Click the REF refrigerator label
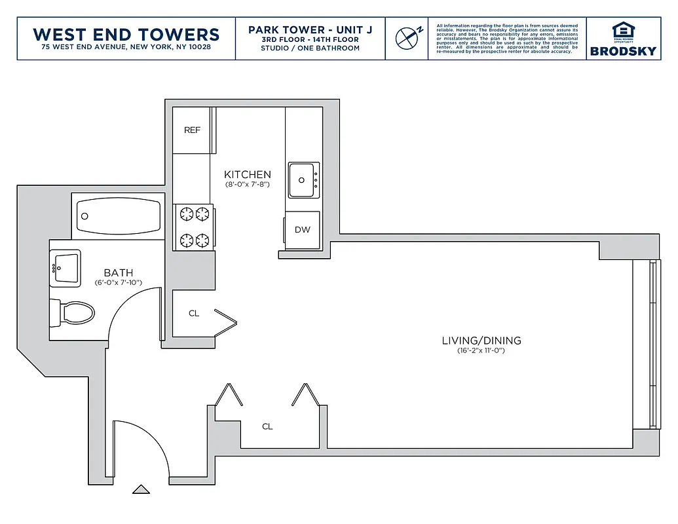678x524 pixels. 192,130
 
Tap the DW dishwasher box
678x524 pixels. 302,230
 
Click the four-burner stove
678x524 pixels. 194,227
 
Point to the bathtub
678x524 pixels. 119,216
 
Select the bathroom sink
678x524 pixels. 66,267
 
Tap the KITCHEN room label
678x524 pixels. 247,175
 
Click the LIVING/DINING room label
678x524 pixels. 481,341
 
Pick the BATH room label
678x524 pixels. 119,273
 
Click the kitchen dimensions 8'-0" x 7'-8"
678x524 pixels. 248,185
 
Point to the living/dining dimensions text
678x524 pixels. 481,351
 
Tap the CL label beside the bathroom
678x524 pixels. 194,314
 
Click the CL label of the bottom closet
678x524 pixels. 267,427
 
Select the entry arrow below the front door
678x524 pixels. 140,489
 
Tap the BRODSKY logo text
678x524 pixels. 622,51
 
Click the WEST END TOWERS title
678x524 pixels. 126,34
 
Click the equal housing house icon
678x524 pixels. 622,30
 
